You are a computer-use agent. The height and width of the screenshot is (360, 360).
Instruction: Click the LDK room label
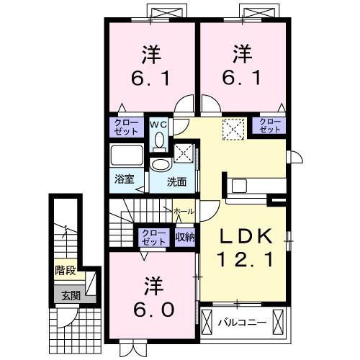coord(244,236)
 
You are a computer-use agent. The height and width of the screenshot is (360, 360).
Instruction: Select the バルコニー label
coord(243,322)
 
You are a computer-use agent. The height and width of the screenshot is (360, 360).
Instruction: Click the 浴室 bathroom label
coord(124,179)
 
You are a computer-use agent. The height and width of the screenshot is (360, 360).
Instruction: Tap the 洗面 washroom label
coord(177,181)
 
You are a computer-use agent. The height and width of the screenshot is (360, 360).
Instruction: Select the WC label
coord(158,124)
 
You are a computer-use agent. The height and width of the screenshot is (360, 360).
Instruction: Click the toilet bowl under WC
coord(159,138)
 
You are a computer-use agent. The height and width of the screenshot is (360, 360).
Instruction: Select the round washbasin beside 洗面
coord(159,163)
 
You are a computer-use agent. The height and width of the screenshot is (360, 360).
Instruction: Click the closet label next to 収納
coord(151,238)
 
